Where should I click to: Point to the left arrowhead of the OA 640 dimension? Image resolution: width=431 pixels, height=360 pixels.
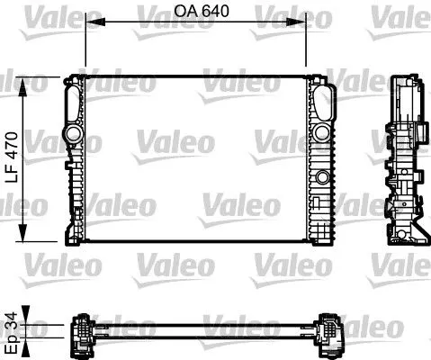click(89, 27)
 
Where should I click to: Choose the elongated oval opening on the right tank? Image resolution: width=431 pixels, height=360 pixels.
click(321, 103)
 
